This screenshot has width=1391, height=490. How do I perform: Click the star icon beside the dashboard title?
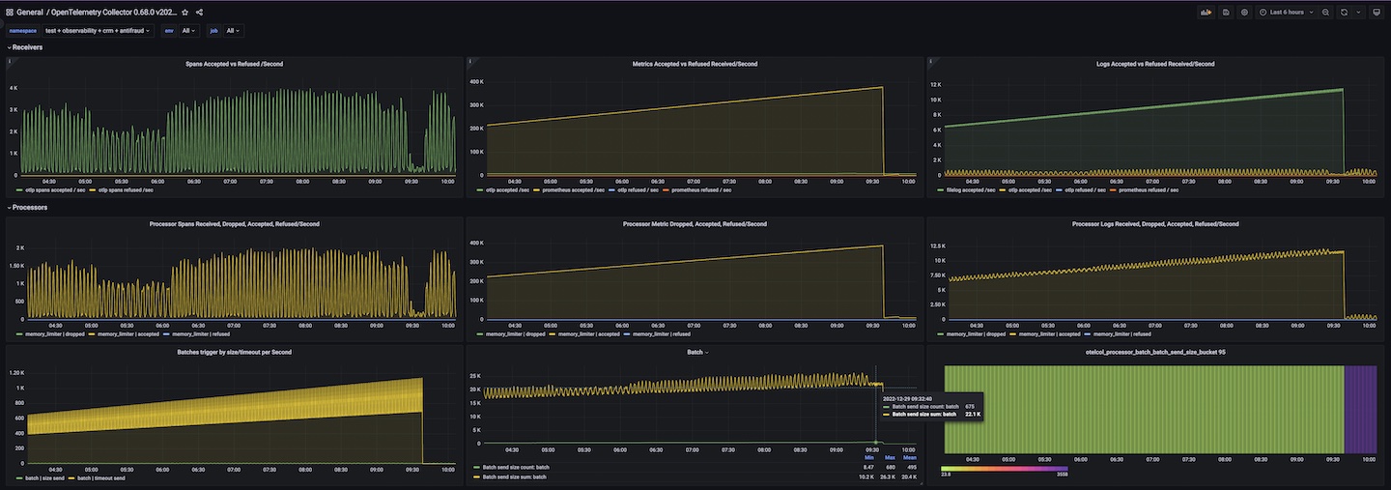pos(185,13)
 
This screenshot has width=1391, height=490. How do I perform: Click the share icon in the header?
pos(199,13)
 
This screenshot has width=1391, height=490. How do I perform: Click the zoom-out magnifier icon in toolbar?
pos(1325,13)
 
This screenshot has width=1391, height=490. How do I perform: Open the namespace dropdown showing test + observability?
pos(99,31)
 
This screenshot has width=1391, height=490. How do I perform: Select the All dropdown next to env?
pos(189,31)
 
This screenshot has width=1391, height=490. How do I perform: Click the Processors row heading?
pos(30,207)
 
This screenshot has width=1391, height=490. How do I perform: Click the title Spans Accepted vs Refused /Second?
pos(234,64)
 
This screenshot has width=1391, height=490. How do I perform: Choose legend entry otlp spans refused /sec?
pos(127,190)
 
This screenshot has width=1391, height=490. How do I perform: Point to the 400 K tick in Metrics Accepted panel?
pos(476,81)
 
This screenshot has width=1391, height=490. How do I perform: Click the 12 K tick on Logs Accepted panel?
pos(935,85)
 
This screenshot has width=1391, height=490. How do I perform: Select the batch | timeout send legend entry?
pos(101,478)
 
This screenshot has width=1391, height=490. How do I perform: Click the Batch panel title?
pos(695,352)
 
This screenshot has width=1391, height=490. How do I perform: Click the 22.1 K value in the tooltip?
pos(972,415)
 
